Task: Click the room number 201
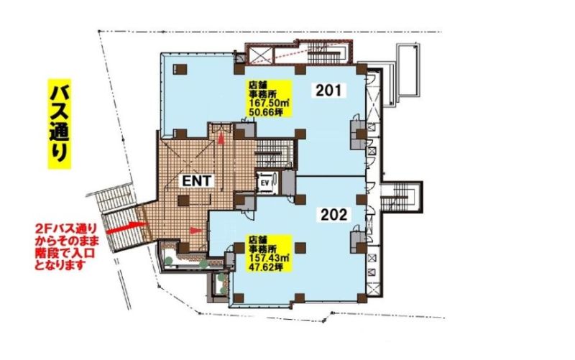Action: pos(328,90)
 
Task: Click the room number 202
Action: pos(333,214)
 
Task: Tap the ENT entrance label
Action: pos(196,180)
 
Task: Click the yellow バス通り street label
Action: pos(60,124)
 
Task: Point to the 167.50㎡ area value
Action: pos(268,103)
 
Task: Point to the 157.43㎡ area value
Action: pos(268,259)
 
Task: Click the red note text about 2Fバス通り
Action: pos(66,246)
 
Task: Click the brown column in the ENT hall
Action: pos(183,200)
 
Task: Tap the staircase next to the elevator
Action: pos(275,154)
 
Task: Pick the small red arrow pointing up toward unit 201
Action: pos(221,138)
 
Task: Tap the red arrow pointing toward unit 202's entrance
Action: pos(195,230)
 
